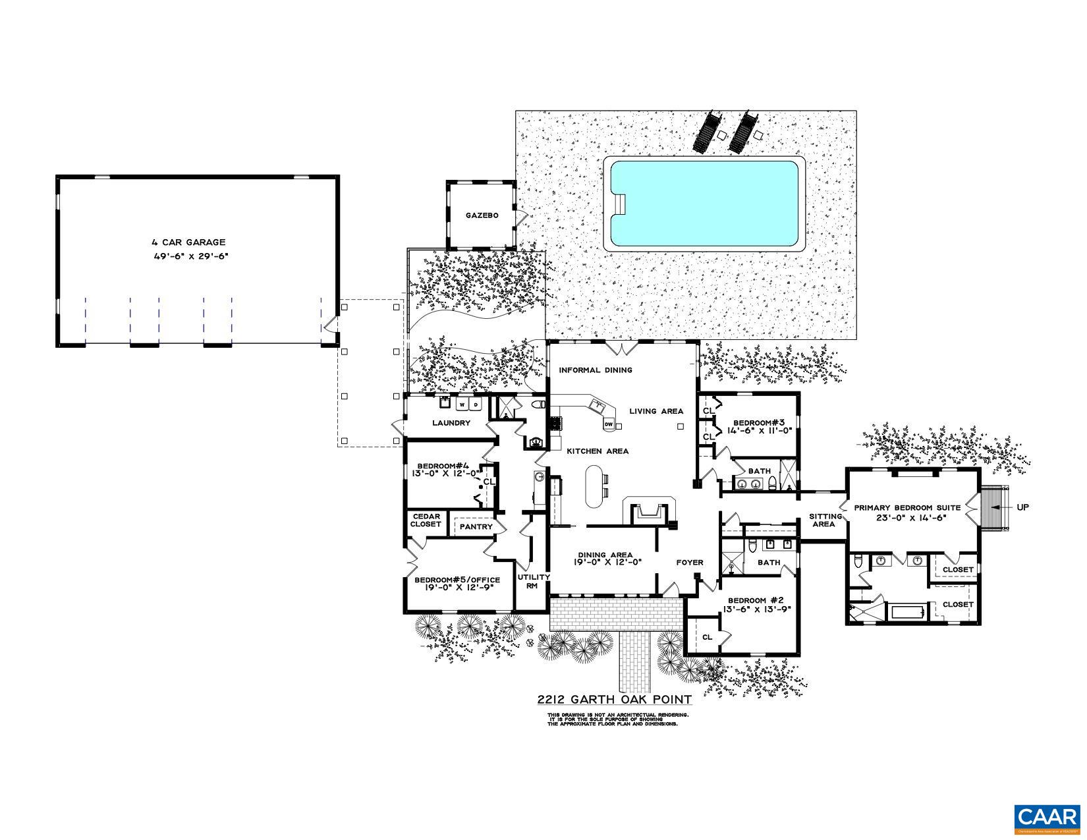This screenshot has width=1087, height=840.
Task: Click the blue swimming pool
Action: pos(705,204)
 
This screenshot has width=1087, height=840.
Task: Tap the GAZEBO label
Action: pos(482,215)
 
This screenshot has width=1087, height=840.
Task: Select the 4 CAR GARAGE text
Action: pos(188,242)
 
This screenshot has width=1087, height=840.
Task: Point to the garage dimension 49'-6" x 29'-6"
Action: pos(190,256)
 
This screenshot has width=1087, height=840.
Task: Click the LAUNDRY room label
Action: pos(451,423)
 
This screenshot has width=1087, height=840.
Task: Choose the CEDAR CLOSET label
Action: pos(426,520)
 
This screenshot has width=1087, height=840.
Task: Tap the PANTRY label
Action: pos(476,527)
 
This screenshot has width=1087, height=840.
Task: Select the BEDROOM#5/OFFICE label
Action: pos(457,580)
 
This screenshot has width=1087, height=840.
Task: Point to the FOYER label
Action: pos(690,563)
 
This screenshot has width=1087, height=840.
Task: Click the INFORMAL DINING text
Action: pos(596,370)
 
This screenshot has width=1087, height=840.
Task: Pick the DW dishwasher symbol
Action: pos(609,424)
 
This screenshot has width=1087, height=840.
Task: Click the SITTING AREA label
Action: pos(825,520)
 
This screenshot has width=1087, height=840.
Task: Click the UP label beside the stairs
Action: pos(1022,507)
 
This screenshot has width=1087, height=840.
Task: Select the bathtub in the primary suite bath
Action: pos(908,612)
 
